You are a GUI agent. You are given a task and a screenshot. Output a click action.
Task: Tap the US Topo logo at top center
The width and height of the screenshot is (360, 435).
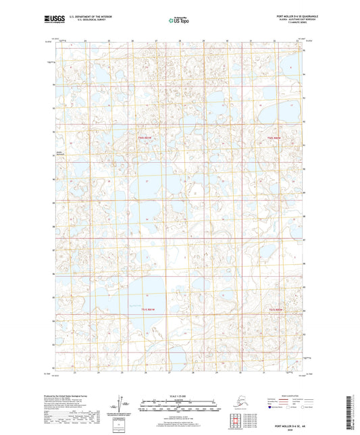pos(179,20)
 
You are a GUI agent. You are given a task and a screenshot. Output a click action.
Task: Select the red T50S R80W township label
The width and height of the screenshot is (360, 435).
pos(273,139)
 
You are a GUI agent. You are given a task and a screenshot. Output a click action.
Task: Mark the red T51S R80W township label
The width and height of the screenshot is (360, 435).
pos(273,309)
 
